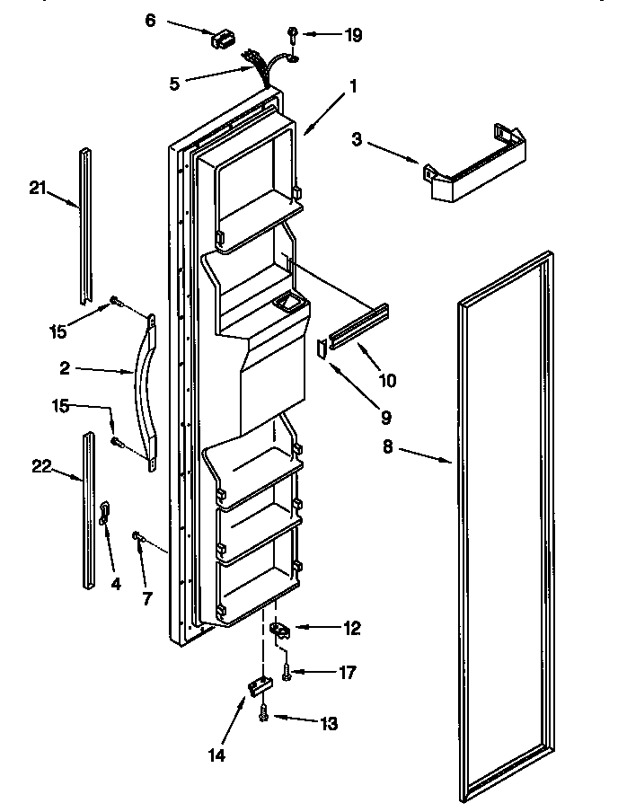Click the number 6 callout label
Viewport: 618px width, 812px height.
(x=150, y=19)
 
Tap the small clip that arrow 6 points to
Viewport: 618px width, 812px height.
(x=221, y=39)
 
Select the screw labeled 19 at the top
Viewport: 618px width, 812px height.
(x=294, y=35)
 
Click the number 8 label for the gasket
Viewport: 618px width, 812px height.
(x=388, y=446)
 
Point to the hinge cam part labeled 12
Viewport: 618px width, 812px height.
(x=280, y=631)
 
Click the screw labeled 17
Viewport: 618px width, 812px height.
(x=286, y=670)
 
